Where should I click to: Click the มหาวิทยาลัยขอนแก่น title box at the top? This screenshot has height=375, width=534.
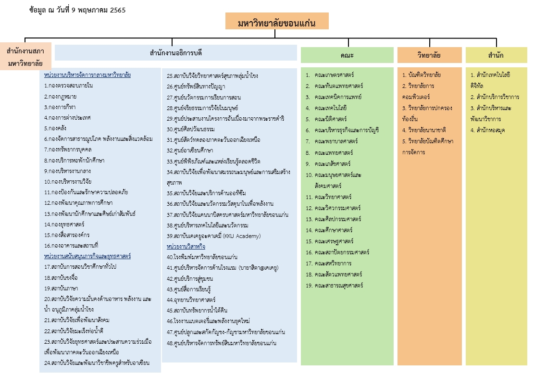click(x=277, y=22)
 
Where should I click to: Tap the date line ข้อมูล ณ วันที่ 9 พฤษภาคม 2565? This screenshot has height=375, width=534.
click(x=77, y=10)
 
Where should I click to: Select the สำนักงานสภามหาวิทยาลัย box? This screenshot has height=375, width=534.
click(x=25, y=57)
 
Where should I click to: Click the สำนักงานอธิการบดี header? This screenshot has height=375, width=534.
click(x=175, y=53)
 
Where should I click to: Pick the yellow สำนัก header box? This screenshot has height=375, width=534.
click(x=496, y=55)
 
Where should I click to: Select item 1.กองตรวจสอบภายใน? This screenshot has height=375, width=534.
click(x=69, y=86)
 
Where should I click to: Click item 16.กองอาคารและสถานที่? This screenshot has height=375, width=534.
click(x=71, y=245)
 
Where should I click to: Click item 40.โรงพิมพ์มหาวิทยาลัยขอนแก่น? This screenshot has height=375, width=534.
click(x=202, y=257)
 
